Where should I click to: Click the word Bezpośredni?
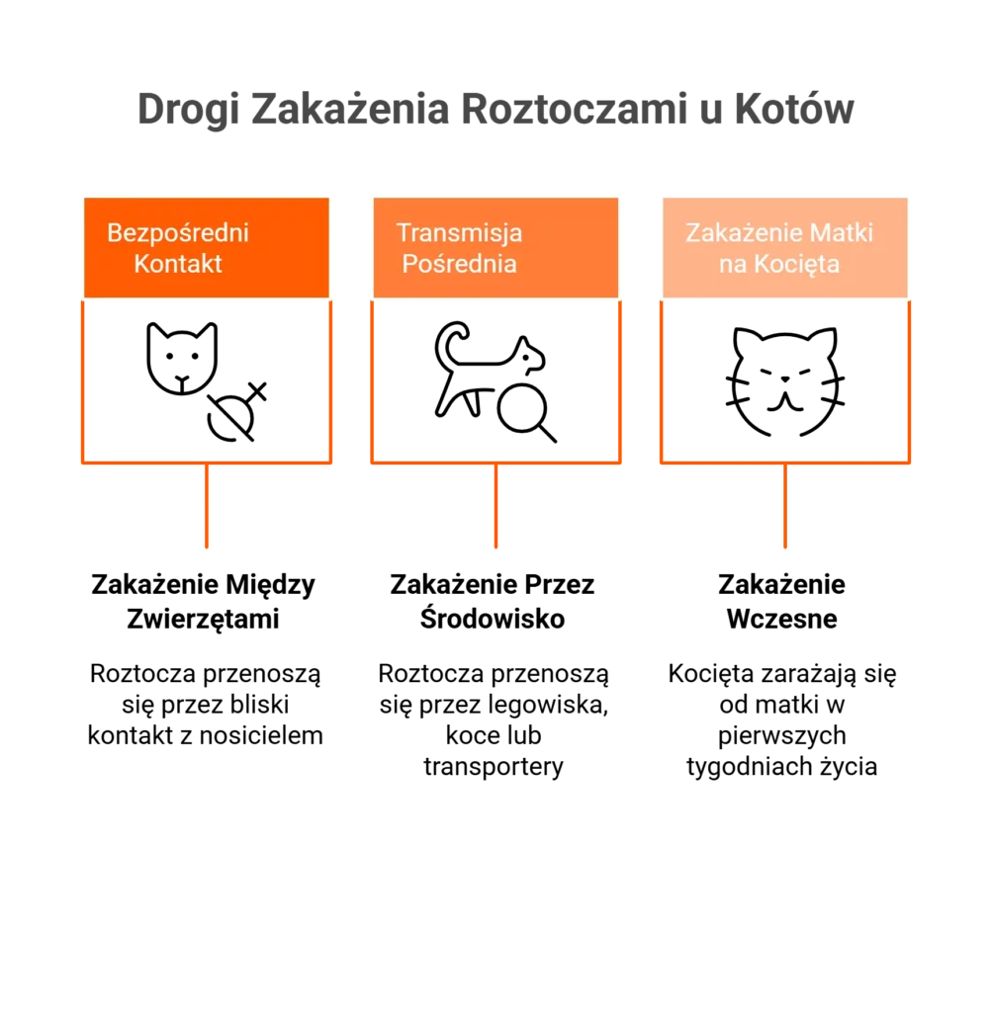coord(178,233)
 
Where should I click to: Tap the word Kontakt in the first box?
coord(178,264)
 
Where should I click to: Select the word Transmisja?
coord(459,233)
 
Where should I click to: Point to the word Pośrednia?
coord(459,264)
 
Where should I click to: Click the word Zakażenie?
coord(743,233)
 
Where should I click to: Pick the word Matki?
coord(841,233)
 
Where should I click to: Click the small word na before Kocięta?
coord(731,265)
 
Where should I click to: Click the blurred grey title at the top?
coord(495,110)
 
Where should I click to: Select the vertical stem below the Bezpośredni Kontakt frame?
coord(206,508)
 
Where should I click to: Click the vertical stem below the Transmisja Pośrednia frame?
coord(495,508)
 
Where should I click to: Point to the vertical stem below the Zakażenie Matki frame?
coord(787,508)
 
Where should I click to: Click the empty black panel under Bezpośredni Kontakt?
coord(207,382)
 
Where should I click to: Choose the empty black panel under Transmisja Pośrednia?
coord(496,382)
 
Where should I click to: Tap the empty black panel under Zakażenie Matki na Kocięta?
coord(786,382)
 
